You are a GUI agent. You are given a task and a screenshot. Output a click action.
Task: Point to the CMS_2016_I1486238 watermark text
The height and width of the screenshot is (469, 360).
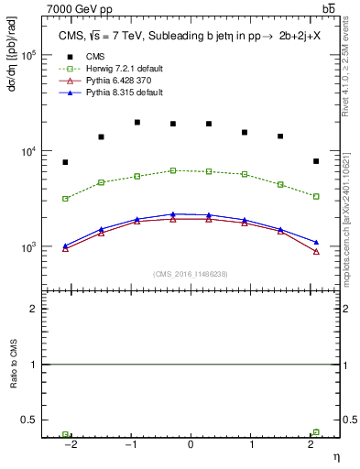pos(190,274)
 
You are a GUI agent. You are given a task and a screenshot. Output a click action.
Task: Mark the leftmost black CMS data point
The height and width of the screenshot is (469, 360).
pos(65,162)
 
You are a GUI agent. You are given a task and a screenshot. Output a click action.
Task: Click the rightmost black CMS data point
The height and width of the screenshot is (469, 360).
pos(316,161)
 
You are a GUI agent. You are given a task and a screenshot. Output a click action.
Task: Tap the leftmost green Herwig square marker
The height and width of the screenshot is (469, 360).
pos(65,198)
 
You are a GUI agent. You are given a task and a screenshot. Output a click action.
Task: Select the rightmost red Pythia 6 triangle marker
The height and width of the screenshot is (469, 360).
pos(316,251)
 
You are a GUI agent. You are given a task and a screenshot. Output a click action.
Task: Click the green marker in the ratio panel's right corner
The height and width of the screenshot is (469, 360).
pos(316,432)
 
